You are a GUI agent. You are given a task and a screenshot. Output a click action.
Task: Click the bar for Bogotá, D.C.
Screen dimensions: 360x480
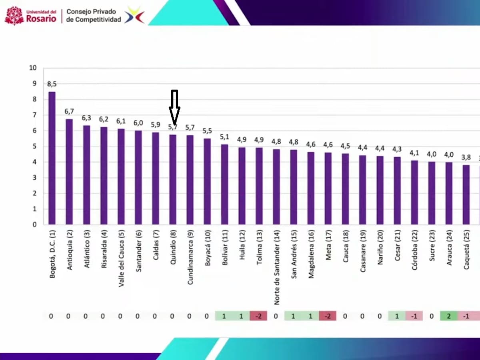click(x=52, y=158)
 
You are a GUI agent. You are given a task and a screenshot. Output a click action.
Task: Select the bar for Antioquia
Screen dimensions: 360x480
click(x=69, y=172)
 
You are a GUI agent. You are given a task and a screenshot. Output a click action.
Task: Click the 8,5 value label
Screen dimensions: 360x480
click(x=52, y=84)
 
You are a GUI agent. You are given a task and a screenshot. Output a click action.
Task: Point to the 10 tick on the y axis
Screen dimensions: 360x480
click(x=33, y=68)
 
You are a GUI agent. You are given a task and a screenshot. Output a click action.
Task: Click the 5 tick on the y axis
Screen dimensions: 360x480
click(x=34, y=146)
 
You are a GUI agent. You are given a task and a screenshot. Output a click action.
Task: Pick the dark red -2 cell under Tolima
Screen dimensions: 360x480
click(x=258, y=316)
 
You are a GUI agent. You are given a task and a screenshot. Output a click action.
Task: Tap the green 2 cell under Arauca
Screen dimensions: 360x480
click(x=449, y=316)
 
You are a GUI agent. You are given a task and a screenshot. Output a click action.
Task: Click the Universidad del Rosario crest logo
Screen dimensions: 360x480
click(x=14, y=15)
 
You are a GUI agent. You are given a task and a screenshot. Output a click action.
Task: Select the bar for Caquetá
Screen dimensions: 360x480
click(x=466, y=194)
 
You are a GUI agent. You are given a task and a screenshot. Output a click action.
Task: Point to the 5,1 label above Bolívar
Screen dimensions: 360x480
click(x=224, y=137)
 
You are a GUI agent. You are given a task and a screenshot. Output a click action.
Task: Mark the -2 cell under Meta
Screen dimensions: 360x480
click(x=328, y=316)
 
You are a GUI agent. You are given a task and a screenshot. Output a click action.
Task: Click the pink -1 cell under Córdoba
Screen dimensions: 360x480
click(x=414, y=316)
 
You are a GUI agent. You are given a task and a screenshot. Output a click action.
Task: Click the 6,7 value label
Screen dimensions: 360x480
click(x=69, y=112)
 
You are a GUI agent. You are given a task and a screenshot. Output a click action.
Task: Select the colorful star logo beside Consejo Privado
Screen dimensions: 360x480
click(x=134, y=15)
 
